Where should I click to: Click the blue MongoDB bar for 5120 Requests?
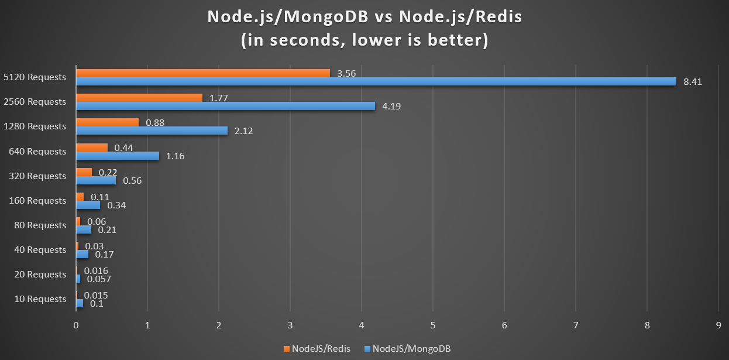click(374, 81)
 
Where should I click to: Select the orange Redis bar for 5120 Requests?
click(202, 73)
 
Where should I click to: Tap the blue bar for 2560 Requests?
click(225, 106)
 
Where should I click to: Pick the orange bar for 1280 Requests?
click(107, 122)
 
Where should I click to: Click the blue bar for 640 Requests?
click(117, 156)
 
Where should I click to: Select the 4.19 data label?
click(392, 107)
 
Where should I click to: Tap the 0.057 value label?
click(99, 279)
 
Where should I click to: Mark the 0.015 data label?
click(96, 296)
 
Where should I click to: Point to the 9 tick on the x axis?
click(718, 325)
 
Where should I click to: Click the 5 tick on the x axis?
click(432, 325)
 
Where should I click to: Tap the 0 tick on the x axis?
click(76, 325)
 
